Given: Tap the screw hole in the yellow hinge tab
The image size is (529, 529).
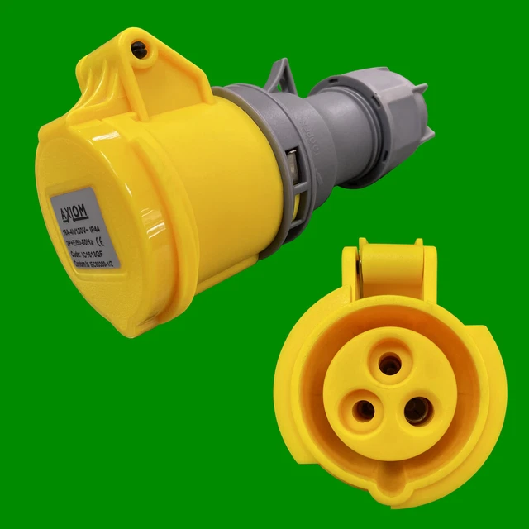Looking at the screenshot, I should click(x=139, y=50).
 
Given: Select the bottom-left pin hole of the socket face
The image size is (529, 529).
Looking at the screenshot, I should click(x=363, y=409).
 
